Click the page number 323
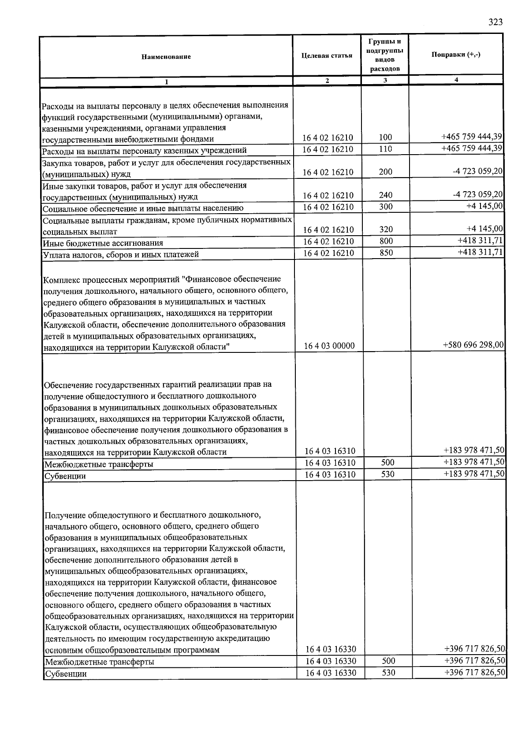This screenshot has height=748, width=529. [495, 22]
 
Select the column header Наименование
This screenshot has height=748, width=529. [166, 57]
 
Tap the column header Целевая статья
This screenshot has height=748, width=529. [327, 56]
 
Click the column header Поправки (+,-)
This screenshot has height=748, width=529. [456, 54]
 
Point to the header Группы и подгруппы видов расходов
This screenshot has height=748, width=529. [385, 55]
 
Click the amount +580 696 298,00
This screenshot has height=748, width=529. [473, 345]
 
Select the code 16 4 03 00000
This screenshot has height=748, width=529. [329, 346]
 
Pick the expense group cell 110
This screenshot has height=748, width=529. [385, 149]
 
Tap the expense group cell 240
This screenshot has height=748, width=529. [385, 195]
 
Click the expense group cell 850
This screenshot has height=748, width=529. [386, 253]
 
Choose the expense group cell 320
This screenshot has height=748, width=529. [385, 230]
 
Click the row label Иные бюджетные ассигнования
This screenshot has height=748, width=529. [103, 243]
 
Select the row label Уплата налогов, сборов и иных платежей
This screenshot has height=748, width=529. [120, 255]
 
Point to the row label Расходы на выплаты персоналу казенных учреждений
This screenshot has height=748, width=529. [144, 151]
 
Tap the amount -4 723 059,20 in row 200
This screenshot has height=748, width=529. [477, 171]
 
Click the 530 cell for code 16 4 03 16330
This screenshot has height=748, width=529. [388, 673]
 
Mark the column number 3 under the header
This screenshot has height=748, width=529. [385, 80]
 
